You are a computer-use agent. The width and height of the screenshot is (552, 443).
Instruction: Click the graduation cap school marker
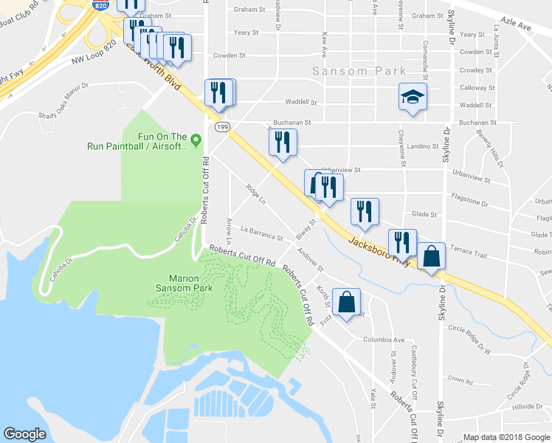(x=413, y=97)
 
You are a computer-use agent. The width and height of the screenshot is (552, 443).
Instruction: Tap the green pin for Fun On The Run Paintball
(x=196, y=139)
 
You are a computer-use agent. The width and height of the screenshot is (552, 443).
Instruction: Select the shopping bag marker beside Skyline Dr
(x=432, y=257)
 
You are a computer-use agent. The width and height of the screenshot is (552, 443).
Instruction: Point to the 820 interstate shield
(x=102, y=4)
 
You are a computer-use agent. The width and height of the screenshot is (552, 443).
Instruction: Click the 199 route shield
(x=221, y=127)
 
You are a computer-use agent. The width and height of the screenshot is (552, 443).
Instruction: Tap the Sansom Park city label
(x=359, y=71)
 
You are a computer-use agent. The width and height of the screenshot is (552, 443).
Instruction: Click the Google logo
(x=25, y=434)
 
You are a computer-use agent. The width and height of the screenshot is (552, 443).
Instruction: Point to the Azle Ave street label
(x=516, y=26)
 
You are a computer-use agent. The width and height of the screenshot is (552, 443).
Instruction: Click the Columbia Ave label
(x=384, y=340)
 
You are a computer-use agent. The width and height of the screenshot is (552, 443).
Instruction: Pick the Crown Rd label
(x=459, y=381)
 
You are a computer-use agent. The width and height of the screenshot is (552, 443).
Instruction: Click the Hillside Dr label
(x=529, y=407)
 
